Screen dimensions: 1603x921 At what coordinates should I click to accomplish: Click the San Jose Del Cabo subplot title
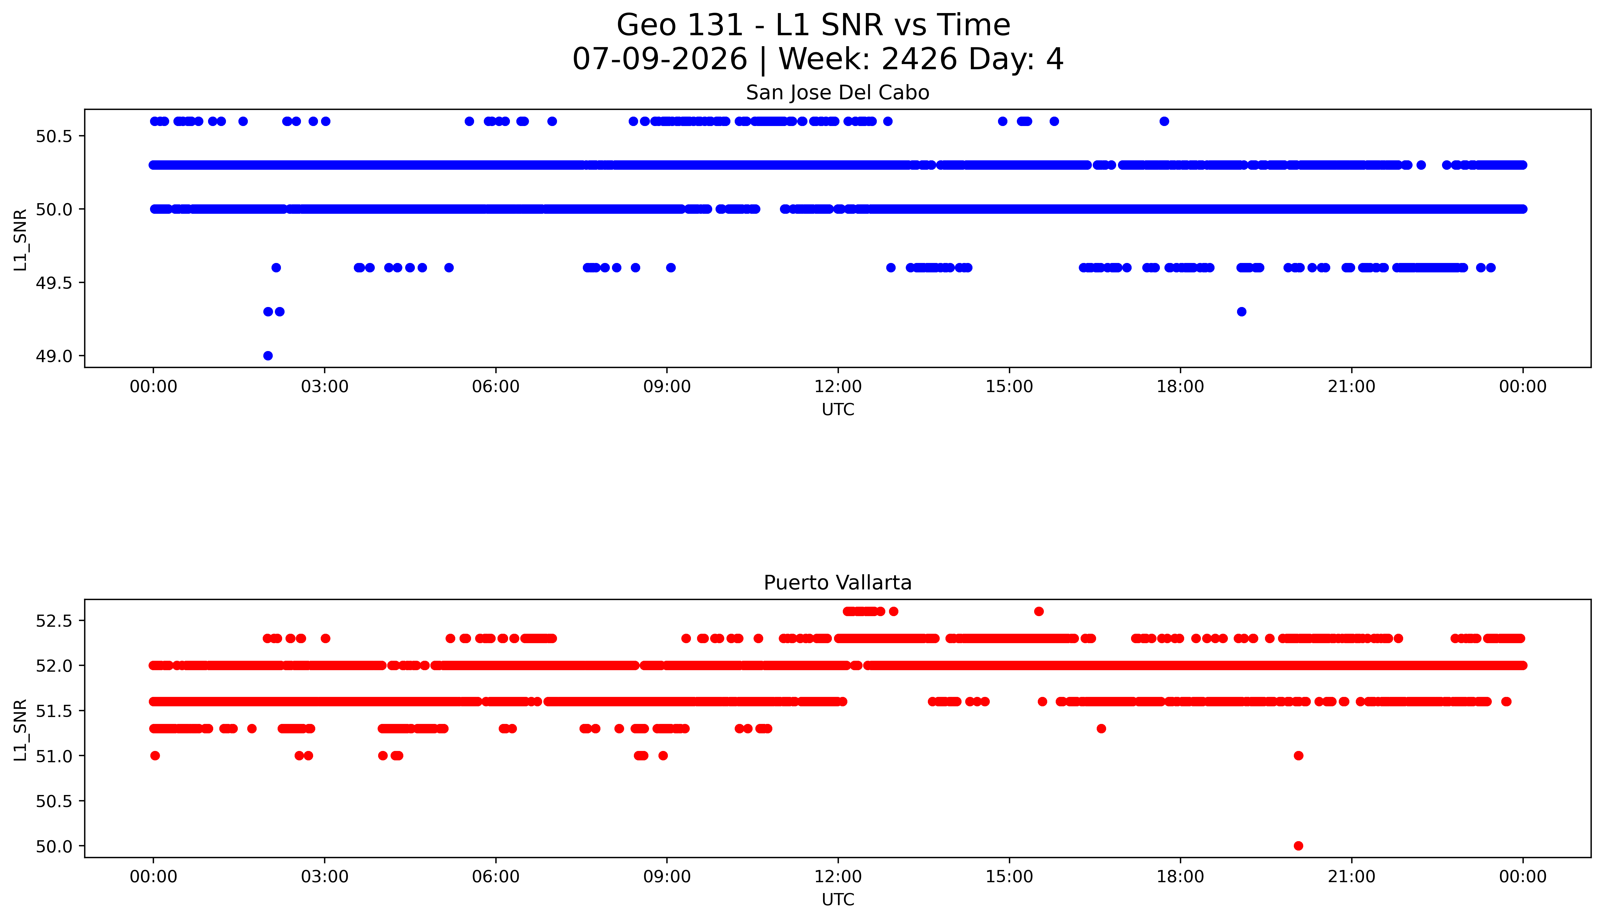(838, 93)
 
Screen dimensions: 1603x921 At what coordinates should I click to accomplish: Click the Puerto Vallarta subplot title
(838, 583)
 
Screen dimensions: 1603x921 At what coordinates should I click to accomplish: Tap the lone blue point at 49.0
(268, 356)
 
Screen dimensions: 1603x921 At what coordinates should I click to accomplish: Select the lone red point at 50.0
(1298, 846)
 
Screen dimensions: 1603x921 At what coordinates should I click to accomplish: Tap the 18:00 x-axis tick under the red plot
(1181, 877)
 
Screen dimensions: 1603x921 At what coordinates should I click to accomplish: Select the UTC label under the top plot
(838, 410)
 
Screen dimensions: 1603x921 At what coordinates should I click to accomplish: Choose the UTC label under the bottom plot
(838, 899)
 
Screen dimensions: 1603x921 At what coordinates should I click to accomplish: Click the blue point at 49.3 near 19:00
(1241, 311)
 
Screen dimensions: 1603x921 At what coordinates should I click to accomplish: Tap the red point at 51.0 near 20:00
(1298, 755)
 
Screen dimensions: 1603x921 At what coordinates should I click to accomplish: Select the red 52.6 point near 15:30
(1039, 611)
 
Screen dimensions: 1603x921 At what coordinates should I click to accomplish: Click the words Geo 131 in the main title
(679, 25)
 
